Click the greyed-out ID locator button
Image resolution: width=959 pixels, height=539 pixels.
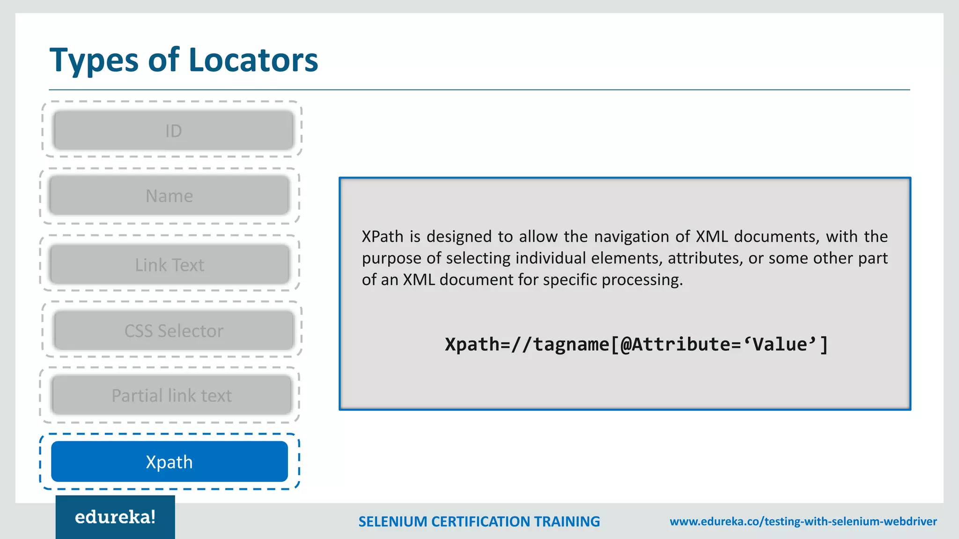(173, 131)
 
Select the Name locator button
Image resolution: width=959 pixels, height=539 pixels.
(169, 196)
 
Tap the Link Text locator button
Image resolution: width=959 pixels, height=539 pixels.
(169, 265)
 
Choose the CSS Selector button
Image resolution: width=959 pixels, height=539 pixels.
(174, 331)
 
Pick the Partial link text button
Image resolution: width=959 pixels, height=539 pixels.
(171, 395)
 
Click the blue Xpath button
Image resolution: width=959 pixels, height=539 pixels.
(169, 462)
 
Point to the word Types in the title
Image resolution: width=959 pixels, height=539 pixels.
(94, 61)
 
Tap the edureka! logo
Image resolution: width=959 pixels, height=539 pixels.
(115, 517)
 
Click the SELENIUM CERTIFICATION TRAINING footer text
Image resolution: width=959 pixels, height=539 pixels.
(479, 521)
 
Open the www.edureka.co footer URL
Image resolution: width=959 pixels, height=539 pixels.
(803, 521)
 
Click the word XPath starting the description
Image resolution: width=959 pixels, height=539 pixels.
(382, 236)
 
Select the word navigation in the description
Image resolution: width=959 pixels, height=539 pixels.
(631, 236)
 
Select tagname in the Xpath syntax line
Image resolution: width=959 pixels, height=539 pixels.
(571, 344)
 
